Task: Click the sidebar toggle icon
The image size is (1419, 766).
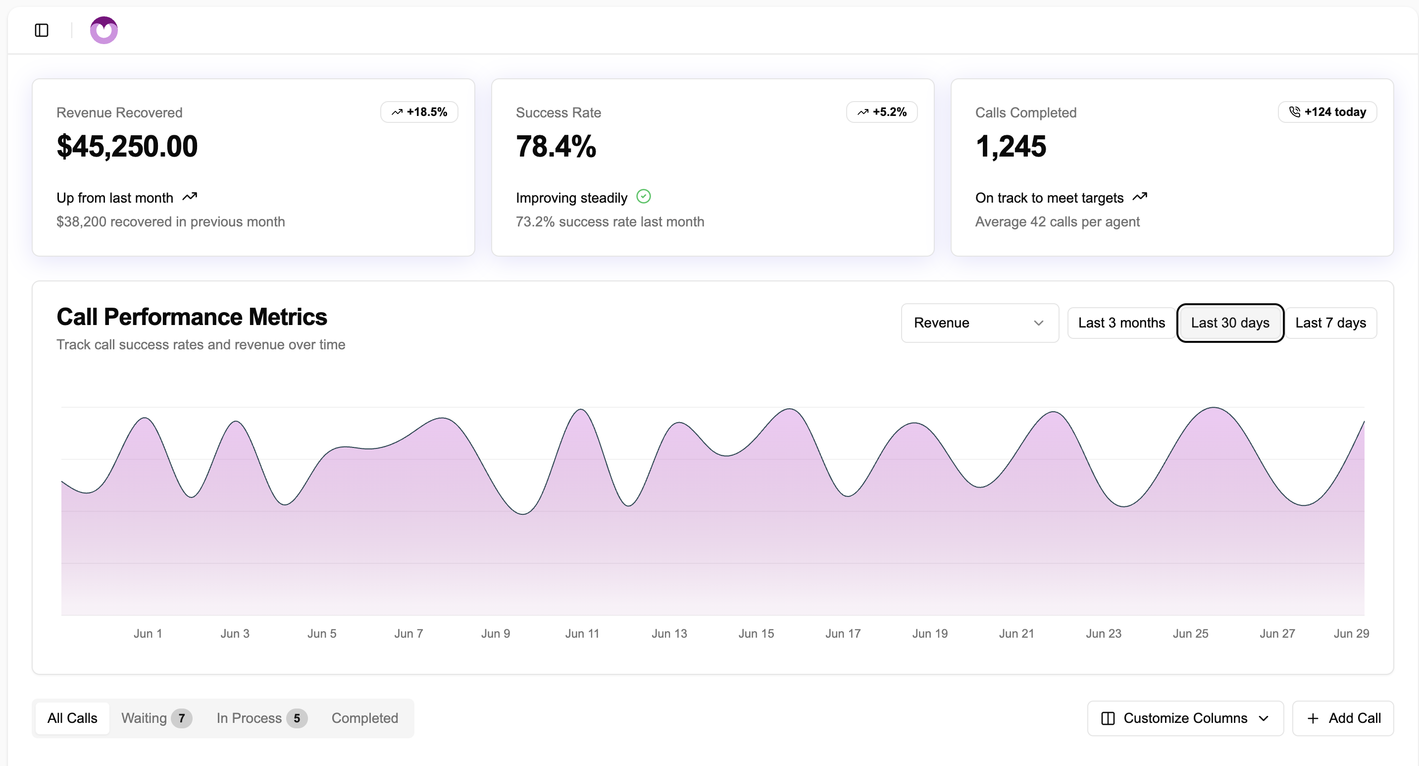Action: [x=41, y=30]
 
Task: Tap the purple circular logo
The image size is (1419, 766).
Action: [x=103, y=30]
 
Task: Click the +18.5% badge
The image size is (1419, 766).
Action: [x=419, y=112]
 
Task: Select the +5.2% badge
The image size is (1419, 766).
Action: [x=881, y=112]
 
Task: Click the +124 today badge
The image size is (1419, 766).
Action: [x=1327, y=112]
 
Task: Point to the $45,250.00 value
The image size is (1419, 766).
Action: [x=127, y=147]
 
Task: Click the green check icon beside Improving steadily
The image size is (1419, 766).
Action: [x=643, y=196]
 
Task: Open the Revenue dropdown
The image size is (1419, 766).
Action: [x=979, y=323]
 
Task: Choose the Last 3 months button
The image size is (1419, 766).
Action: [x=1121, y=323]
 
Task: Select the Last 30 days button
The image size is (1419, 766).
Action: [x=1229, y=323]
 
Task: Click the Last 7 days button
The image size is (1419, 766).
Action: [x=1330, y=323]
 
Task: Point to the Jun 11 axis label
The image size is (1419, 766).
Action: [x=582, y=634]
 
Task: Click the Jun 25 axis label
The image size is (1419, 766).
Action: [x=1190, y=634]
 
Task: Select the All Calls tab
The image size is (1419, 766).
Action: [x=72, y=718]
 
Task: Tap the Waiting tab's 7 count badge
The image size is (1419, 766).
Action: [x=181, y=718]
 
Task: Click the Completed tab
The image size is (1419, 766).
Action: [x=365, y=718]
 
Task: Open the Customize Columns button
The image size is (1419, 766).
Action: [x=1185, y=718]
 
